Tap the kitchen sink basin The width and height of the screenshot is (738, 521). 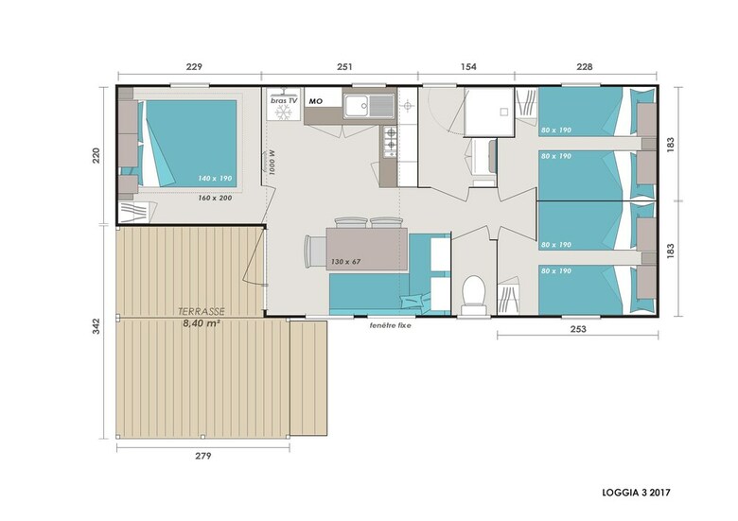(357, 105)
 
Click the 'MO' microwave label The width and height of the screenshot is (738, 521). (316, 101)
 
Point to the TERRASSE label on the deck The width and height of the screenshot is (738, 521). (202, 311)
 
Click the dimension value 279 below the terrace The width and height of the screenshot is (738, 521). (203, 456)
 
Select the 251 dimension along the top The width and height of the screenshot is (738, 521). (344, 67)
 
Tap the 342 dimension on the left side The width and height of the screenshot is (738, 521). (96, 326)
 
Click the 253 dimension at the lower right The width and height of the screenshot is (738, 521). (578, 329)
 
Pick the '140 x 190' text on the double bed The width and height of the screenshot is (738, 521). (215, 179)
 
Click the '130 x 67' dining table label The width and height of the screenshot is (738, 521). (345, 261)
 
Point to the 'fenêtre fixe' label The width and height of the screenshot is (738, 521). (390, 325)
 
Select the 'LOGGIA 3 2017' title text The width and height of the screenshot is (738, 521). (637, 493)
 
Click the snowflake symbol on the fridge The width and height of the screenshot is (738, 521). (283, 113)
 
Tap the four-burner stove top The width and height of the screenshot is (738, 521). (390, 142)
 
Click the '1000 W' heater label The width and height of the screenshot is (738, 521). (272, 163)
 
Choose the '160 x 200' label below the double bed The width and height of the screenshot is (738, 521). (215, 198)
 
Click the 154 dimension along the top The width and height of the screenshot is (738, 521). (468, 67)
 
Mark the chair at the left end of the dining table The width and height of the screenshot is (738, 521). (315, 252)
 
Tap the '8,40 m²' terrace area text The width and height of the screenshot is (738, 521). (202, 323)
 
